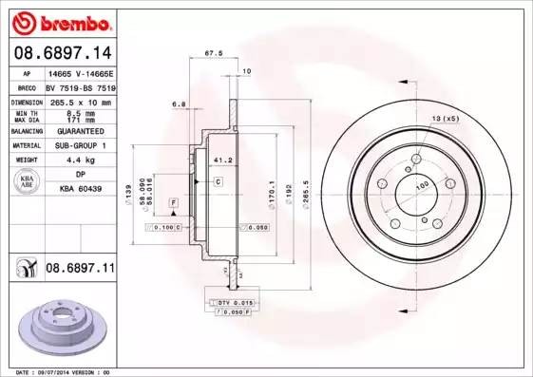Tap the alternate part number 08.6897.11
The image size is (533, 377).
pyautogui.click(x=80, y=269)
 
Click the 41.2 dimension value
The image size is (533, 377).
pyautogui.click(x=218, y=161)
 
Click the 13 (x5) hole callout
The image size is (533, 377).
pyautogui.click(x=445, y=118)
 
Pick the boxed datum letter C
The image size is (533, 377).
pyautogui.click(x=218, y=180)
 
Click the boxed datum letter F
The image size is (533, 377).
pyautogui.click(x=174, y=203)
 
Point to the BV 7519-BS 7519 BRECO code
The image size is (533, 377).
pyautogui.click(x=79, y=85)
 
